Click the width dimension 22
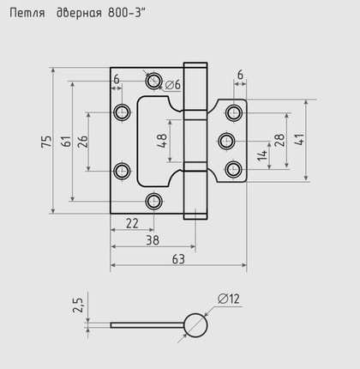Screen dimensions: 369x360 [x=132, y=223]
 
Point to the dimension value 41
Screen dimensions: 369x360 [x=299, y=140]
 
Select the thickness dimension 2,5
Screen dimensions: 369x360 [x=78, y=306]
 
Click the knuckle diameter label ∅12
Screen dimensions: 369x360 [x=228, y=299]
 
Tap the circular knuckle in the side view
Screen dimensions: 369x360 [x=194, y=324]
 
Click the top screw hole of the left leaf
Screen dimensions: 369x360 [x=153, y=81]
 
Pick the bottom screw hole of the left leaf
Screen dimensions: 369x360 [x=153, y=202]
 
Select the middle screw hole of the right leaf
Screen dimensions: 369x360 [x=227, y=140]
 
